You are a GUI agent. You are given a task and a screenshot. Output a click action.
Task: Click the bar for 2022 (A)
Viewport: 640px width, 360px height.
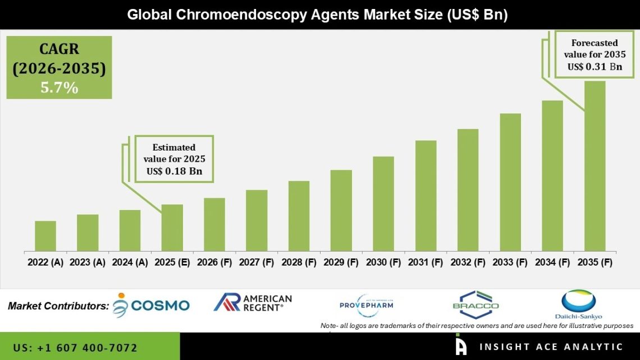point(45,236)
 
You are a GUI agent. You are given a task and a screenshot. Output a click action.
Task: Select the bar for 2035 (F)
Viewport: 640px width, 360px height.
point(595,166)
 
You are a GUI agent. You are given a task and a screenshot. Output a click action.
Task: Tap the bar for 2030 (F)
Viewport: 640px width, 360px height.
point(383,204)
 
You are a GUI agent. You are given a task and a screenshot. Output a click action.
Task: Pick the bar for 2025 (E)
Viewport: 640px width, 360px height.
point(172,227)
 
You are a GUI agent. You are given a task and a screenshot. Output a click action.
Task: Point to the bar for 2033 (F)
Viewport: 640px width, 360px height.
point(510,182)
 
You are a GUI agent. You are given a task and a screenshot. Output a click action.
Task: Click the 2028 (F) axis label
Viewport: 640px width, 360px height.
point(299,262)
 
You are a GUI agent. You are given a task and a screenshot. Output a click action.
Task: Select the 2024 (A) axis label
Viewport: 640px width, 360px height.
point(130,262)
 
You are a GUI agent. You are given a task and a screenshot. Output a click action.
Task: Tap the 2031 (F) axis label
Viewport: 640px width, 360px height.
point(426,262)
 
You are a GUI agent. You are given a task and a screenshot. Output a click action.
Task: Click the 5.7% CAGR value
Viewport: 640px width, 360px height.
point(59,88)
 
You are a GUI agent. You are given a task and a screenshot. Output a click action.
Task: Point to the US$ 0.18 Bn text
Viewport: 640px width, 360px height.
point(174,170)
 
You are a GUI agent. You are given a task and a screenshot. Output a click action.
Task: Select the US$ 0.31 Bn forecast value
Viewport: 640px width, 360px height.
point(595,66)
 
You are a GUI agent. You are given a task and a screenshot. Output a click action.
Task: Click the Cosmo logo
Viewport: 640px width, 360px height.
point(152,305)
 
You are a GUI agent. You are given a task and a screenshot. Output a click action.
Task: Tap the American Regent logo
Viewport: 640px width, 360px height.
point(253,303)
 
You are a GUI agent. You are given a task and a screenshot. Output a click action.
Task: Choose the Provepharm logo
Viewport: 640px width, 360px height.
point(367,305)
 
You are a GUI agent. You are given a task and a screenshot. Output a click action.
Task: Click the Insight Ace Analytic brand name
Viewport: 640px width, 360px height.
point(550,347)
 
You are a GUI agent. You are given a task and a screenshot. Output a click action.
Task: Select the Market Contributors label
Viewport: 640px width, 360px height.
point(58,306)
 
